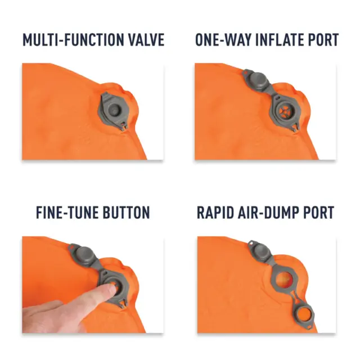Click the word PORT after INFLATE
coord(323,40)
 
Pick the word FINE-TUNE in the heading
coord(67,213)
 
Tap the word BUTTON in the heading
coord(126,213)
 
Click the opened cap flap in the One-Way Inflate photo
coord(256,80)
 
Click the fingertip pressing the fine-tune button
coord(111,287)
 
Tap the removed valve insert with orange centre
coord(304,314)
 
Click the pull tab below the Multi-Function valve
coord(124,127)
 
